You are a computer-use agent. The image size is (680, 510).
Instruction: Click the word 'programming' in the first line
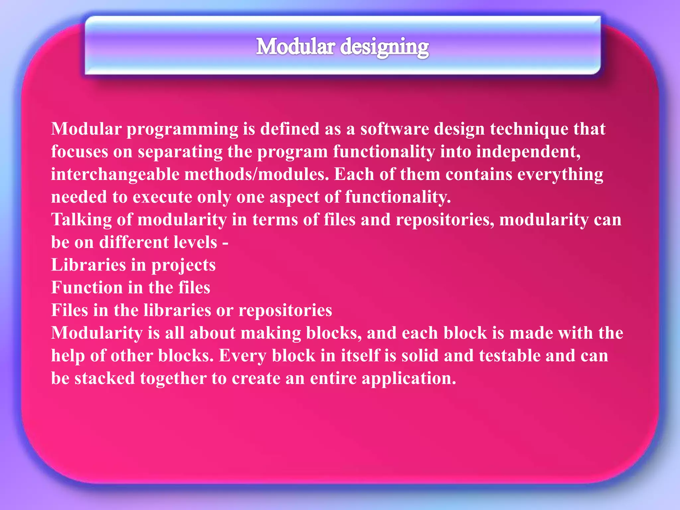182,129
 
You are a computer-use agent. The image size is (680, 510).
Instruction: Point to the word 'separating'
180,152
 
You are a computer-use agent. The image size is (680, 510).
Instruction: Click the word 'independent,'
528,152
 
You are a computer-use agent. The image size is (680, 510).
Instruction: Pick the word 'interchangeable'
115,175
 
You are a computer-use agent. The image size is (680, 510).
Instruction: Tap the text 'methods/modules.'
256,175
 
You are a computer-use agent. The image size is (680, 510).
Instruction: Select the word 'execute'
162,197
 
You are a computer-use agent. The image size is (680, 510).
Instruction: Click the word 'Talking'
81,220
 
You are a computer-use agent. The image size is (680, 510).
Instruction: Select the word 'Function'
87,288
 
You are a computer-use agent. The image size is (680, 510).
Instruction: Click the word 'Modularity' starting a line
97,333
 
